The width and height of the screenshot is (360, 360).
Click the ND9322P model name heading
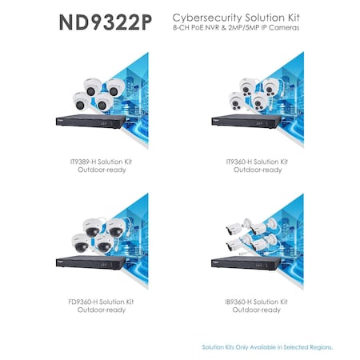click(x=106, y=22)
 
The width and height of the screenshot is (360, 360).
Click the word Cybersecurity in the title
click(x=207, y=18)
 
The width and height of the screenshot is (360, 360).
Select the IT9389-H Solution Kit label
click(x=101, y=162)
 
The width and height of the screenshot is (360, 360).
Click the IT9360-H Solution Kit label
click(x=257, y=162)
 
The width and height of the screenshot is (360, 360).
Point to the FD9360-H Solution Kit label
click(x=101, y=302)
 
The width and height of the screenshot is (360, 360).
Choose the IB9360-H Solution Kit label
click(x=256, y=302)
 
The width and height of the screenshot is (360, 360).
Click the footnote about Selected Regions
click(x=267, y=347)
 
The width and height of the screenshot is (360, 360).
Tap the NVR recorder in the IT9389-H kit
click(x=90, y=122)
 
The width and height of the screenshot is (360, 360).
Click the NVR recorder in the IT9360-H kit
click(x=246, y=122)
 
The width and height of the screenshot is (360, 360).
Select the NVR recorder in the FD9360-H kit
click(x=90, y=262)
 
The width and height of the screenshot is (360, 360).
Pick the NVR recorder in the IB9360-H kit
click(x=246, y=262)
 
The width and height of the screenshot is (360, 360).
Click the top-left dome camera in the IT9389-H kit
click(x=92, y=87)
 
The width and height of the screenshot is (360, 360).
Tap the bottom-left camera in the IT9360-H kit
click(x=236, y=101)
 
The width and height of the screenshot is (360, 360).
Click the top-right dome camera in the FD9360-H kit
click(x=115, y=228)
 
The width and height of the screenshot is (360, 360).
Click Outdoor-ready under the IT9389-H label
click(x=102, y=170)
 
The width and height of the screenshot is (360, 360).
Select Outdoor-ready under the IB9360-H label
click(x=256, y=310)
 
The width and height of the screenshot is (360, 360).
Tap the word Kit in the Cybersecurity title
click(x=291, y=18)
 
